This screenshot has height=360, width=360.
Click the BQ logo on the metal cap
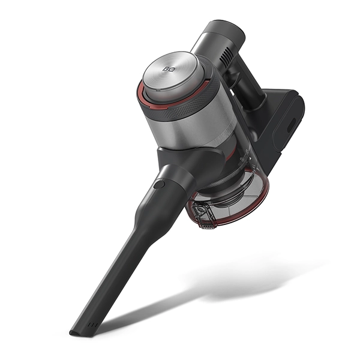coord(167,68)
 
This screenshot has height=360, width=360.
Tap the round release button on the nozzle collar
coord(159,184)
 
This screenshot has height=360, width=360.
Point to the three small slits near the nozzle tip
coord(94,325)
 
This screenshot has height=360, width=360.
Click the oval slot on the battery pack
coord(292,125)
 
